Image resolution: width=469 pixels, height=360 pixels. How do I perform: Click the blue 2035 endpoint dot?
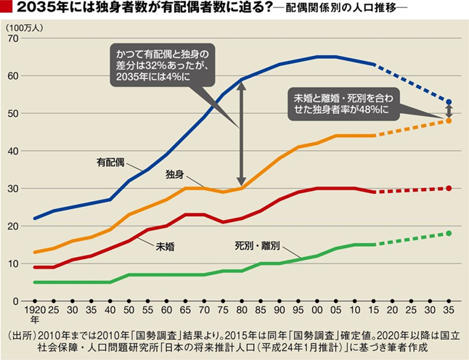coord(449,102)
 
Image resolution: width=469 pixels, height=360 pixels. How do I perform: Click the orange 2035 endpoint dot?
coord(449,120)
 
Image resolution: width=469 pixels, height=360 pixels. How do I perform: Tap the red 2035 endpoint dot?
coord(449,188)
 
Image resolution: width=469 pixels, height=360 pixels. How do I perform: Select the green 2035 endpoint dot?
coord(449,233)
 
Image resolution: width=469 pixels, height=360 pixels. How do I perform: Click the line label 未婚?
coord(166,247)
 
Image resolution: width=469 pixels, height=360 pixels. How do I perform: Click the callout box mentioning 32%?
coord(164,66)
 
